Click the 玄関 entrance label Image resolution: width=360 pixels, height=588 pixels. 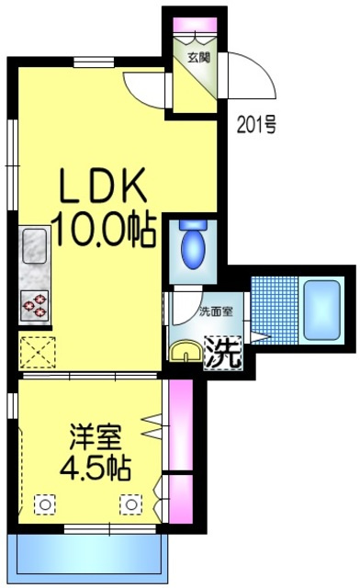198,57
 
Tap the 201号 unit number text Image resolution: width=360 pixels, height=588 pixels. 257,125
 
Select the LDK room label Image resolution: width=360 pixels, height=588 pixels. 103,186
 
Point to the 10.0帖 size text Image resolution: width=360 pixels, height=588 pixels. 107,230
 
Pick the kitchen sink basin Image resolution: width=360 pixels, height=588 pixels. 35,246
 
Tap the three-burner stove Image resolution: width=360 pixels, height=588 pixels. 35,305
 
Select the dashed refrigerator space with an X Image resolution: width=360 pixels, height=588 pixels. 38,352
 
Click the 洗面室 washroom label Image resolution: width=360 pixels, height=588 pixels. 216,311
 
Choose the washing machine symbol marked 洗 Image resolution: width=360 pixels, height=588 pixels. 223,352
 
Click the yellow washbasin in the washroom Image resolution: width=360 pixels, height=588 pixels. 186,351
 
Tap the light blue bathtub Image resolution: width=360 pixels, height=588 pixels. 321,310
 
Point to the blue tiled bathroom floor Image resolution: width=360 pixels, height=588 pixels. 274,311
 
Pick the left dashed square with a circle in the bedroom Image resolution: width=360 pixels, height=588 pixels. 45,504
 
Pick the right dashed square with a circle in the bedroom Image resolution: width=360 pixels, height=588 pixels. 131,504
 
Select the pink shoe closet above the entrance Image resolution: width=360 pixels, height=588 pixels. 195,26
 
